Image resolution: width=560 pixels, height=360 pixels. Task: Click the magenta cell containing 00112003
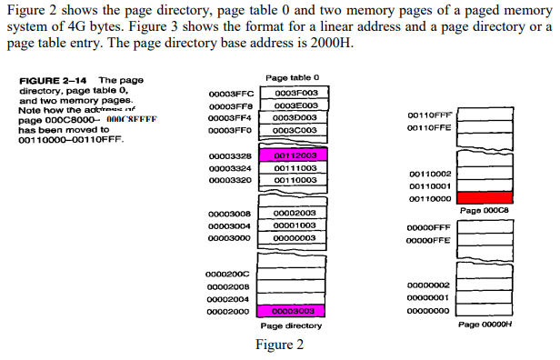tap(295, 155)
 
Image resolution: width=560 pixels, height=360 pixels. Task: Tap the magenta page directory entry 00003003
tap(295, 311)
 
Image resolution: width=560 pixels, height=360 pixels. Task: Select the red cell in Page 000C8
tap(485, 197)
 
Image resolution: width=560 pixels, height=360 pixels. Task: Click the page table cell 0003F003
tap(295, 93)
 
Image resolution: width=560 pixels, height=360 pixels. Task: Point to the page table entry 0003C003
tap(295, 130)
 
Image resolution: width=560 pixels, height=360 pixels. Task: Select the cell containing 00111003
tap(295, 168)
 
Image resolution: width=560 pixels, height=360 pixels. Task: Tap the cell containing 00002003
tap(295, 213)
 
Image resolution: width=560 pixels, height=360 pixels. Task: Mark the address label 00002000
tap(227, 311)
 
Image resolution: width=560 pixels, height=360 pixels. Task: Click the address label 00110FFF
tap(428, 117)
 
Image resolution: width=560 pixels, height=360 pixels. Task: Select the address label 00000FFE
tap(428, 239)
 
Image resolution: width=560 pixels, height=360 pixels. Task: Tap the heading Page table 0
tap(293, 78)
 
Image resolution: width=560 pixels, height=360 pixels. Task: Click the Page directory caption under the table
tap(292, 325)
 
